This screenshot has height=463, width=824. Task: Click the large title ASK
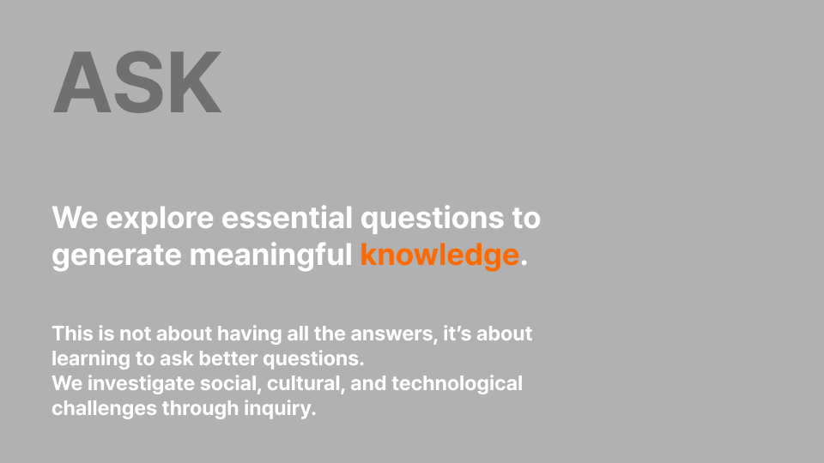[137, 82]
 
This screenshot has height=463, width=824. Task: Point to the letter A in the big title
[82, 82]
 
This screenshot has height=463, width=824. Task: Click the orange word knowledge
[439, 256]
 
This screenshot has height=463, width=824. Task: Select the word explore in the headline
[160, 219]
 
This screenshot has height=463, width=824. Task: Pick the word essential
[287, 217]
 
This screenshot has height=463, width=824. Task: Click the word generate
[117, 256]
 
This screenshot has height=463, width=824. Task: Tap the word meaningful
[270, 256]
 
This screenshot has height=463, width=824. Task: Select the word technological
[457, 384]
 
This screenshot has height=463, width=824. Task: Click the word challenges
[104, 408]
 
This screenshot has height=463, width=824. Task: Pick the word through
[200, 408]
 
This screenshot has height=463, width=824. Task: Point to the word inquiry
[280, 408]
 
